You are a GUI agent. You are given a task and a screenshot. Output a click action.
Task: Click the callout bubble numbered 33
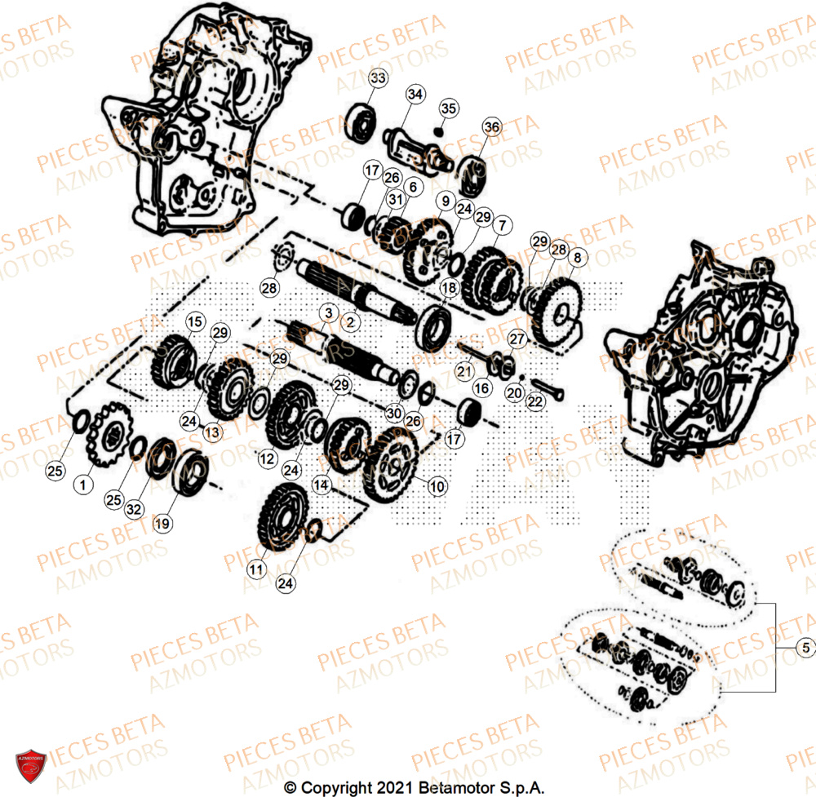coord(378,79)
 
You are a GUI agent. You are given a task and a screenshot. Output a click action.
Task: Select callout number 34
coord(415,95)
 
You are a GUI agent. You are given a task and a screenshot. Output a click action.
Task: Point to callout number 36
coord(490,127)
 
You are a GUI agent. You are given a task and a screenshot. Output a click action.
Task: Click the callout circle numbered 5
coord(805,648)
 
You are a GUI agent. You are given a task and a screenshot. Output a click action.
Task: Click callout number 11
coord(258,568)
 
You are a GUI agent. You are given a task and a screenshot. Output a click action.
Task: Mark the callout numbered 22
coord(534,401)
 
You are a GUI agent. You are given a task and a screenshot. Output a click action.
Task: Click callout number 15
coord(193,322)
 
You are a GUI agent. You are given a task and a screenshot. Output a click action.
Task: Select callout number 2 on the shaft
coord(351,322)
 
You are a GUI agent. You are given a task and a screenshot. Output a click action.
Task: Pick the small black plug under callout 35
coord(439,131)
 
